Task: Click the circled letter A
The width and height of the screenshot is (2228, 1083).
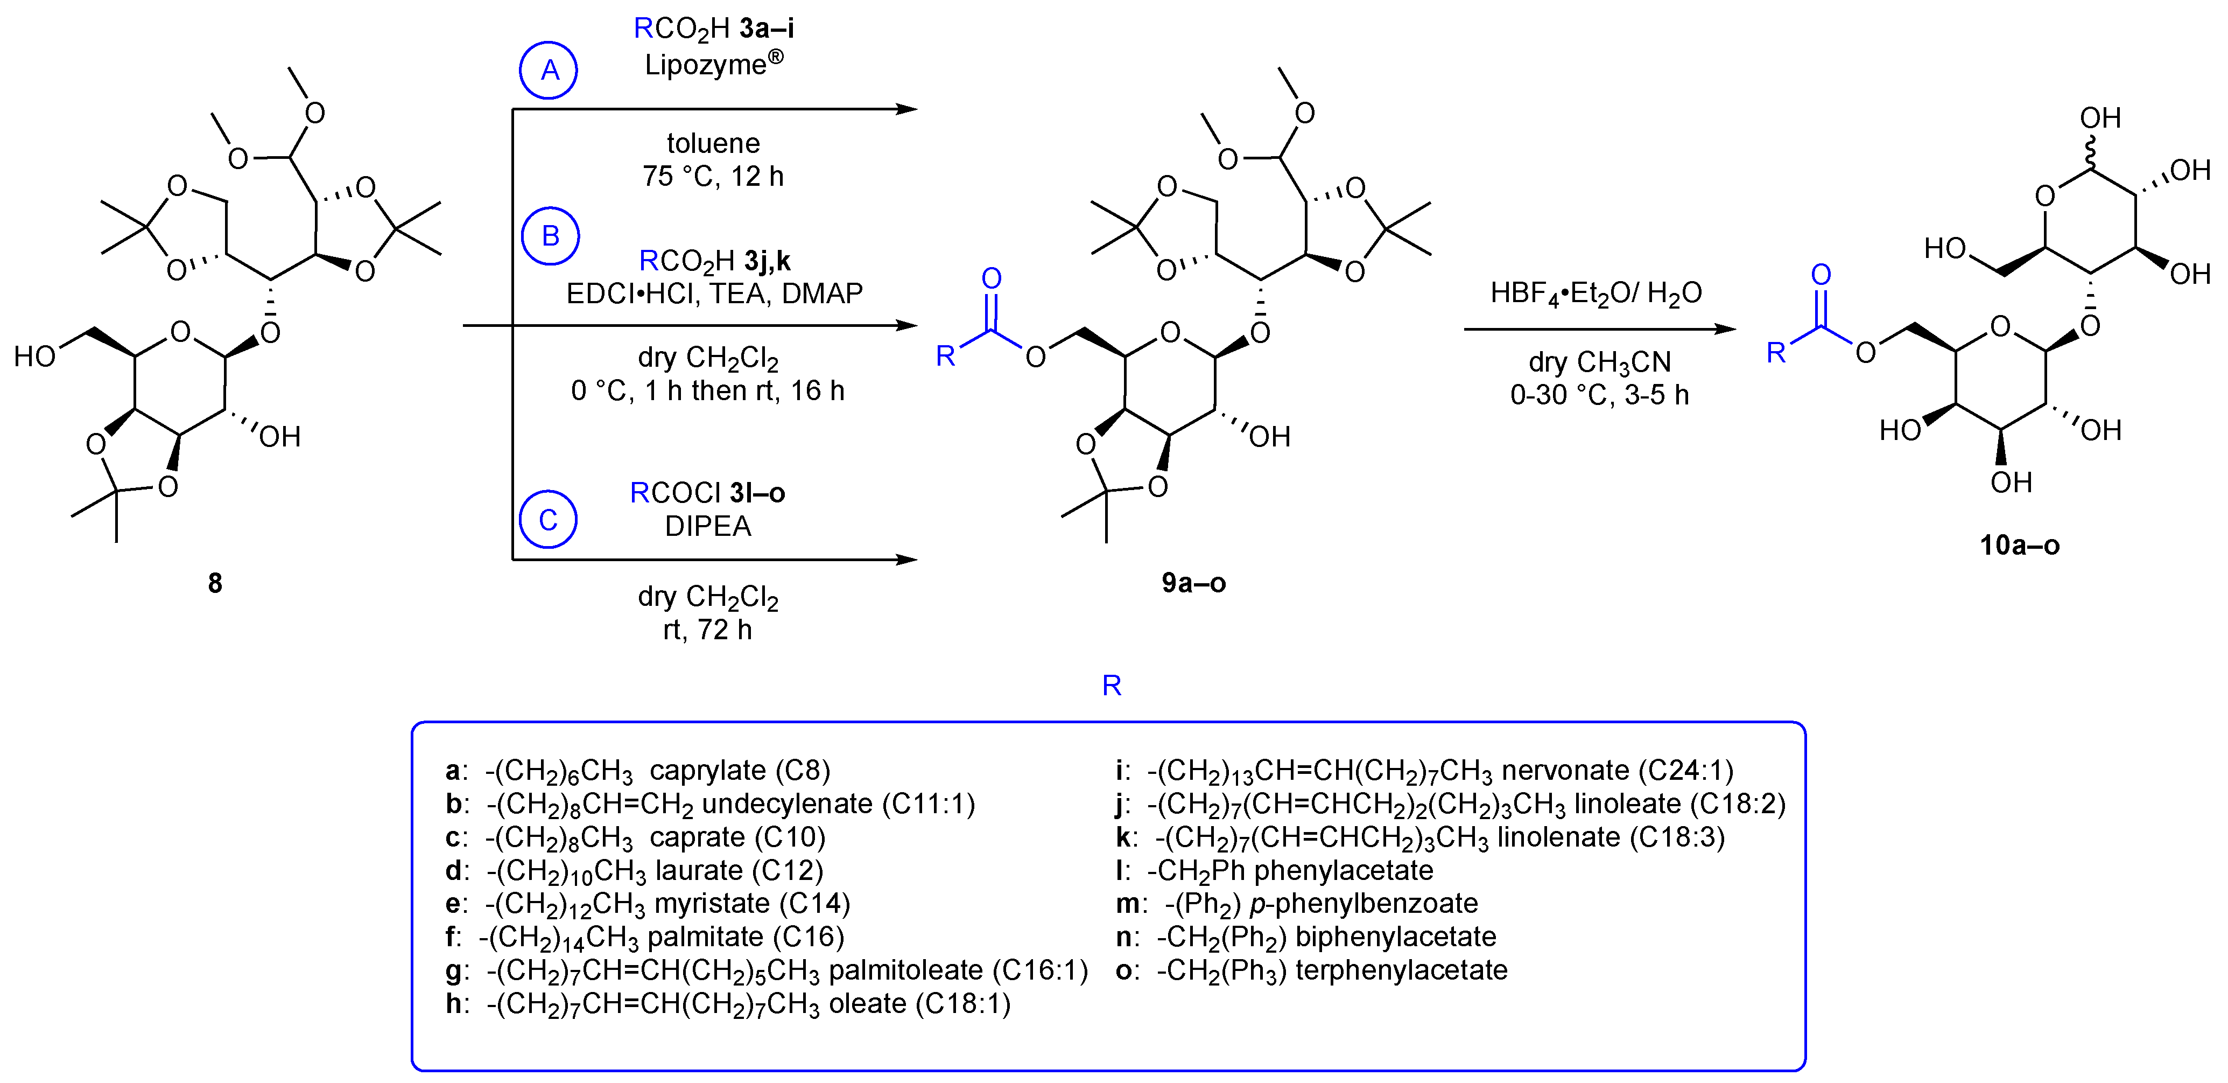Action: point(549,70)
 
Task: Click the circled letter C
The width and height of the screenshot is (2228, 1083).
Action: point(549,520)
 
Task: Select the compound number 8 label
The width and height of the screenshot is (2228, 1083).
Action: point(214,583)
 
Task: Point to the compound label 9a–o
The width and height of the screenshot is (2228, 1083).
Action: point(1193,583)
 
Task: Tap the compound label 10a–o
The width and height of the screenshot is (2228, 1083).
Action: point(2020,545)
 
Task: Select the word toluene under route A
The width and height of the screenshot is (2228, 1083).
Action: point(713,143)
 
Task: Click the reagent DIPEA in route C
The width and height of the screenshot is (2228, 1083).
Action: point(707,526)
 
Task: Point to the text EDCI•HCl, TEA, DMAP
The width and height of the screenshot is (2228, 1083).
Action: point(714,294)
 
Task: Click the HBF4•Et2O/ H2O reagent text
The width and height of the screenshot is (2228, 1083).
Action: point(1596,294)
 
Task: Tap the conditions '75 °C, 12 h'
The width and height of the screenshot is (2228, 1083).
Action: point(713,177)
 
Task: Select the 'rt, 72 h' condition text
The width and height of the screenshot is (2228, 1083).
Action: point(707,630)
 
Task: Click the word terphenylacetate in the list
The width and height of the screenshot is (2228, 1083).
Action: point(1401,970)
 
